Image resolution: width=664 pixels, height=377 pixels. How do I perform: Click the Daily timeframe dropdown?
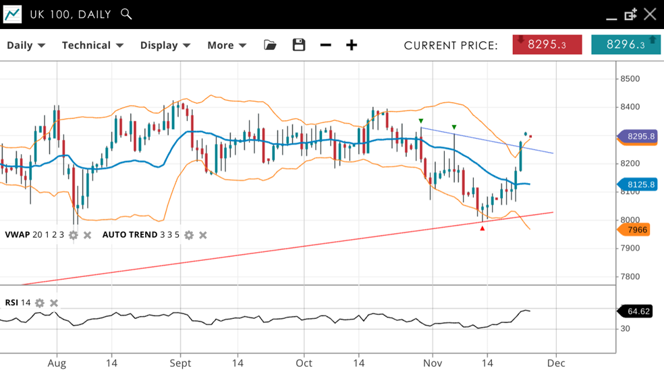tap(26, 45)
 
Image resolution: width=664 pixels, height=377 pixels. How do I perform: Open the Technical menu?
tap(92, 45)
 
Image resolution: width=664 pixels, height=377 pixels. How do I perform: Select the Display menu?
tap(165, 45)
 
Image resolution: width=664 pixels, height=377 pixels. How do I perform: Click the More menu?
tap(227, 45)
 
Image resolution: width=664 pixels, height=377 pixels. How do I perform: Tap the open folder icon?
tap(270, 45)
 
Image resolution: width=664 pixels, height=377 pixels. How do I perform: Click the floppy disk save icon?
tap(299, 45)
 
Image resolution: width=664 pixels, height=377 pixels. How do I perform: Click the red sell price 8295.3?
tap(547, 45)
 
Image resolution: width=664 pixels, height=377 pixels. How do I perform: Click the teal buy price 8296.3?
tap(626, 45)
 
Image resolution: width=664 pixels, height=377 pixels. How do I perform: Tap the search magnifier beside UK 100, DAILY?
tap(126, 14)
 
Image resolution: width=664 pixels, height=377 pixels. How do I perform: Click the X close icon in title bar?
tap(650, 14)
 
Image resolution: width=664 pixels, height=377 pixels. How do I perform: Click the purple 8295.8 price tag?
tap(638, 136)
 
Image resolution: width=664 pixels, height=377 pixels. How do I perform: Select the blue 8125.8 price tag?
tap(638, 184)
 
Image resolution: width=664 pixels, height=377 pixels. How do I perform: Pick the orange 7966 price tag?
tap(635, 230)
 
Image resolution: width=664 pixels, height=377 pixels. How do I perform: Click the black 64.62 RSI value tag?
tap(636, 311)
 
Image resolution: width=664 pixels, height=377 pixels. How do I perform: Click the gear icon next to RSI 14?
tap(40, 303)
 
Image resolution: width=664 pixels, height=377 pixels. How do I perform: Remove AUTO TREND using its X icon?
tap(203, 235)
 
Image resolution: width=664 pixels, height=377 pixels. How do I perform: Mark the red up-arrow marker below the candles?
tap(482, 228)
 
